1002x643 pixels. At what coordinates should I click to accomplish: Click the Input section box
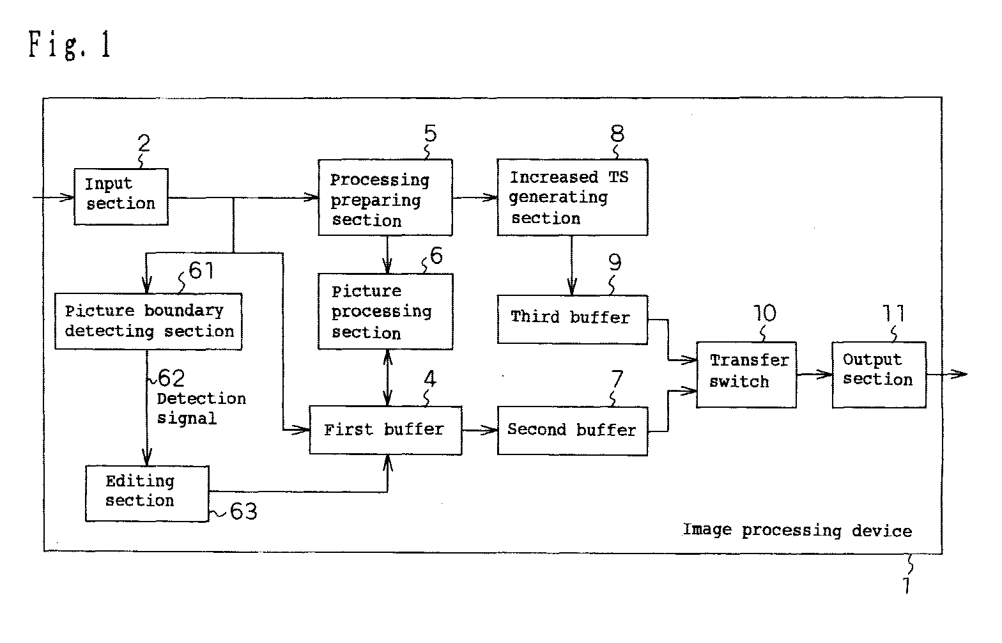click(x=121, y=196)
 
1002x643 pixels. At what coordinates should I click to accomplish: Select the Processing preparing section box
click(x=385, y=198)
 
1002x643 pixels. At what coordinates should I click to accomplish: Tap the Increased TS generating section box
click(x=573, y=198)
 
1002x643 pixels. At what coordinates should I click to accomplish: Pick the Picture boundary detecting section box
click(x=148, y=321)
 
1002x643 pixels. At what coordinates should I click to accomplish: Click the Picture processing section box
click(x=385, y=311)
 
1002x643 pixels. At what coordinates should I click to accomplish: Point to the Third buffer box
click(x=573, y=320)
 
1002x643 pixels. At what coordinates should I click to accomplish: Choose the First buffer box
click(x=385, y=430)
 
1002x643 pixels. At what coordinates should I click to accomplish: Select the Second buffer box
click(x=573, y=431)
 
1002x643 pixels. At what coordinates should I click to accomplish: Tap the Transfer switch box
click(x=746, y=375)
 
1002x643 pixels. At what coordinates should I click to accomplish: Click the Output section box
click(x=879, y=375)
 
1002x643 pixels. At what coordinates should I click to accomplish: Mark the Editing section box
click(x=147, y=493)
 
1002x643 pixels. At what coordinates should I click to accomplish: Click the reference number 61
click(x=201, y=270)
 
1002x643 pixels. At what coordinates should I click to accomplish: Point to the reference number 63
click(x=244, y=511)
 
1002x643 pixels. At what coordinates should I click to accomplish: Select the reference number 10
click(x=765, y=313)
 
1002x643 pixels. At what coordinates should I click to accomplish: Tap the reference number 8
click(x=617, y=134)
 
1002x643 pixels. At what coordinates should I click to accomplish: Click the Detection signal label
click(x=201, y=408)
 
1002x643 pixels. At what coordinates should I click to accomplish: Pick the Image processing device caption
click(x=798, y=531)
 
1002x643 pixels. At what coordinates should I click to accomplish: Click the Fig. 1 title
click(x=70, y=44)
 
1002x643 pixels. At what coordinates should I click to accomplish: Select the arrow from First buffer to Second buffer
click(x=480, y=430)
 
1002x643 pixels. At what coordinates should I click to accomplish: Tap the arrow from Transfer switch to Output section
click(x=814, y=374)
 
